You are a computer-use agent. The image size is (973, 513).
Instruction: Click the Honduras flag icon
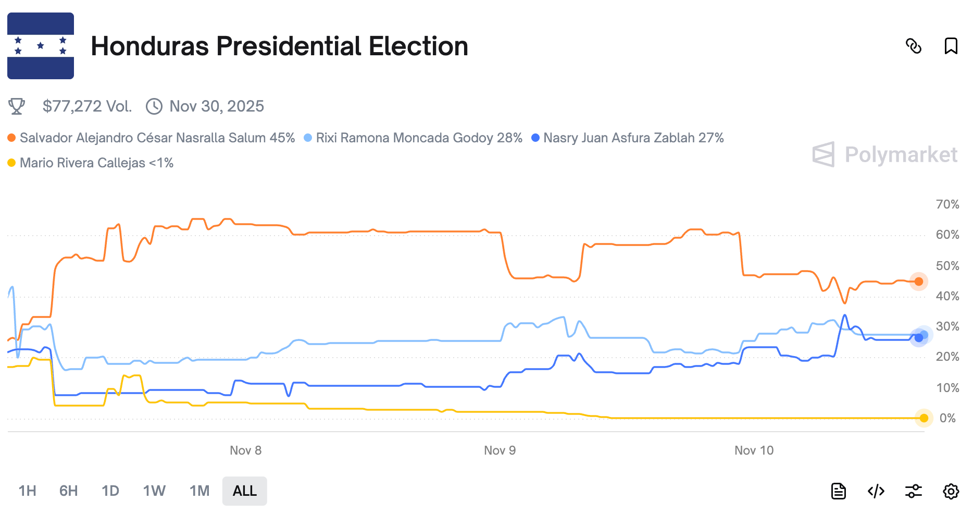click(41, 46)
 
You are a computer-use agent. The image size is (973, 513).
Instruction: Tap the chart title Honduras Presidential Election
click(279, 46)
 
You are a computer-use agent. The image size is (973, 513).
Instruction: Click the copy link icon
click(914, 46)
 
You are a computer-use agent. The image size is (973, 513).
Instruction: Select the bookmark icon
click(951, 46)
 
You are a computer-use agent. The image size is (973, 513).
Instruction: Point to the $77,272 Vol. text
click(87, 106)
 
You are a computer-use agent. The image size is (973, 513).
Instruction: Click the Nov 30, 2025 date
click(216, 106)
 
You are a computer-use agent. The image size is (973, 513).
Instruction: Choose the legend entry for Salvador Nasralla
click(157, 138)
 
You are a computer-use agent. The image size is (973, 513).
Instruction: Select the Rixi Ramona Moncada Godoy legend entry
click(418, 138)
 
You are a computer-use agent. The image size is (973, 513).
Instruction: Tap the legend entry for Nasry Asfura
click(633, 138)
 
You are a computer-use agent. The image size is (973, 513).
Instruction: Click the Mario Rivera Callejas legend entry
click(96, 163)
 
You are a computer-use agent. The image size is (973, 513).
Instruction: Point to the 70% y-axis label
click(947, 204)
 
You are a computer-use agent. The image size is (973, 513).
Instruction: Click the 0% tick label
click(947, 418)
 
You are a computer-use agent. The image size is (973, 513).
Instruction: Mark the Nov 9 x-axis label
click(500, 450)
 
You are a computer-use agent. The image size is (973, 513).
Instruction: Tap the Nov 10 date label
click(754, 450)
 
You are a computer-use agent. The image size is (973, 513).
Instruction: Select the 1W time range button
click(154, 491)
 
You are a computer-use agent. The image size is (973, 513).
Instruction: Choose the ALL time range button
click(244, 491)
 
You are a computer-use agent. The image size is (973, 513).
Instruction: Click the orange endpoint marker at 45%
click(918, 282)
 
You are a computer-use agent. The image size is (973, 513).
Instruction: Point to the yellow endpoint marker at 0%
click(924, 418)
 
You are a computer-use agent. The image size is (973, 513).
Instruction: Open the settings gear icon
click(951, 491)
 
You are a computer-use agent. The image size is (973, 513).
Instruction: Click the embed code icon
click(876, 491)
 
